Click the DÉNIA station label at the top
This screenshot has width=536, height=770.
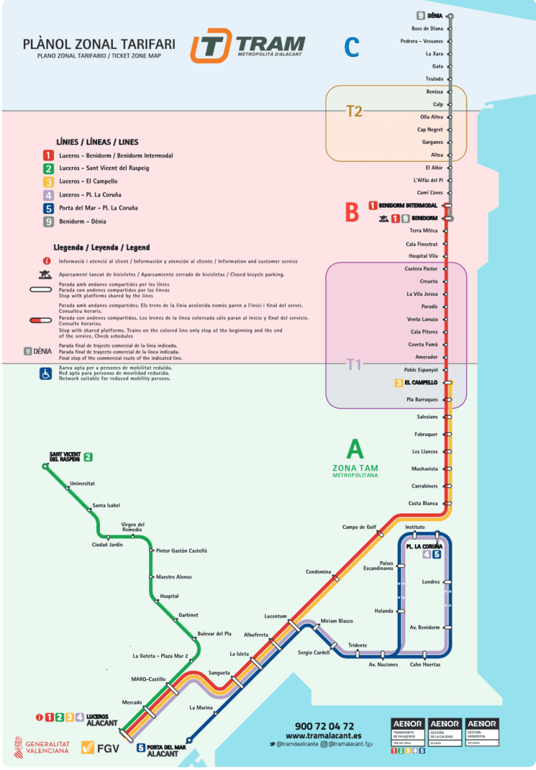[x=435, y=16]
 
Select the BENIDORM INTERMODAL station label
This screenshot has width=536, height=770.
[x=407, y=206]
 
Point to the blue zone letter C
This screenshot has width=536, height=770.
[x=351, y=47]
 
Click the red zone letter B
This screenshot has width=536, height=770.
[x=352, y=212]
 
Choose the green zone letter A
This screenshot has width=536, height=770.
[x=355, y=450]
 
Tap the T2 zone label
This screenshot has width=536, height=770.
[x=354, y=111]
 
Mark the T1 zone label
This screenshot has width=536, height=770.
[x=353, y=364]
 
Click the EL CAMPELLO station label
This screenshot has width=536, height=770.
[x=422, y=383]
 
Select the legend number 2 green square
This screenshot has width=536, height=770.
[x=48, y=168]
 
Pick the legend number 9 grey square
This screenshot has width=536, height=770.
[x=48, y=221]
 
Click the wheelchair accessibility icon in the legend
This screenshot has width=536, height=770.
[x=45, y=373]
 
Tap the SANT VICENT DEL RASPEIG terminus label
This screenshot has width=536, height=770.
[x=65, y=457]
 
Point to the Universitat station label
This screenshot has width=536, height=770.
[x=82, y=484]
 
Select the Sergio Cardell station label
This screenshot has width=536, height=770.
[x=314, y=653]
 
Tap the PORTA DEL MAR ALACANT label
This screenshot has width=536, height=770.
[x=162, y=750]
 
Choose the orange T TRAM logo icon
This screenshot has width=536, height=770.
[x=211, y=46]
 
